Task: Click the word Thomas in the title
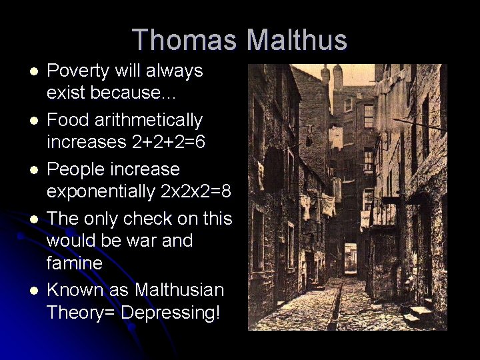pos(185,40)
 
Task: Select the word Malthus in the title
pos(297,40)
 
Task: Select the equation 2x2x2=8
pos(196,192)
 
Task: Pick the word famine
pos(75,263)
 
